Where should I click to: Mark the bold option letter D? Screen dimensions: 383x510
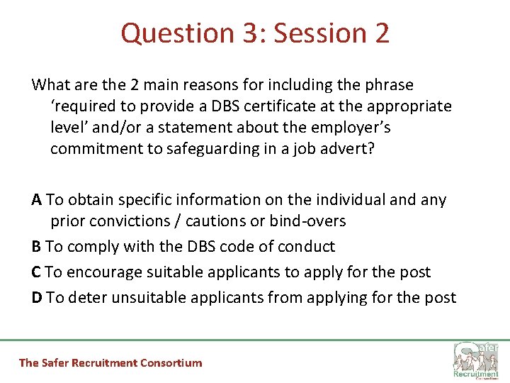click(x=37, y=298)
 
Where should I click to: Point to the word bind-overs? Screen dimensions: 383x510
click(x=308, y=221)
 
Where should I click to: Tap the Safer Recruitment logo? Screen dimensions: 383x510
click(x=475, y=360)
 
